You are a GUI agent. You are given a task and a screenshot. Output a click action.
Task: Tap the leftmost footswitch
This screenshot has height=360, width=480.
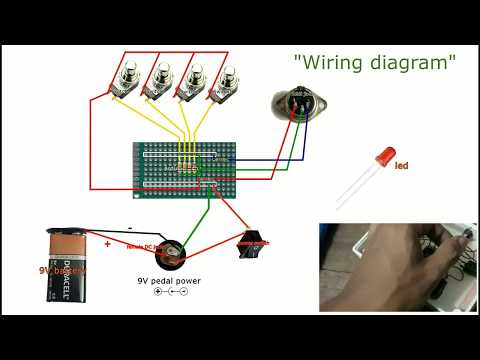pos(126,80)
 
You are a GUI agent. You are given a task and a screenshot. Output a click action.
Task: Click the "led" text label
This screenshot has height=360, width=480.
pos(401,166)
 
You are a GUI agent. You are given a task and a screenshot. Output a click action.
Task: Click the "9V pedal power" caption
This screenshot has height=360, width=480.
pos(169,281)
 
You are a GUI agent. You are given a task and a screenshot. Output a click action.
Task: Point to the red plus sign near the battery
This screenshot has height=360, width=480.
pos(107,242)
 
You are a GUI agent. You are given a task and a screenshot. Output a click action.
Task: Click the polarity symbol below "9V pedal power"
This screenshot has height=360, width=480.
pos(169,292)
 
